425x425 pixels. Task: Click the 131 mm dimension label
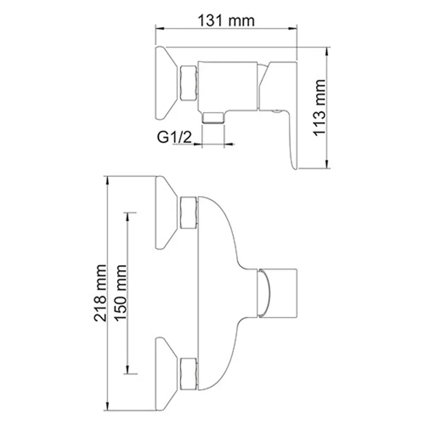[226, 21]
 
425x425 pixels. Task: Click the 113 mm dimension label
[319, 108]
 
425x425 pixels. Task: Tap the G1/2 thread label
[173, 137]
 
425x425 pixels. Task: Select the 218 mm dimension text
[100, 294]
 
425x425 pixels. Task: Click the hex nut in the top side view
[189, 83]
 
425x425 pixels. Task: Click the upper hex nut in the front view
[189, 212]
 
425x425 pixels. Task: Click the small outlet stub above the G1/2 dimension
[213, 117]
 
